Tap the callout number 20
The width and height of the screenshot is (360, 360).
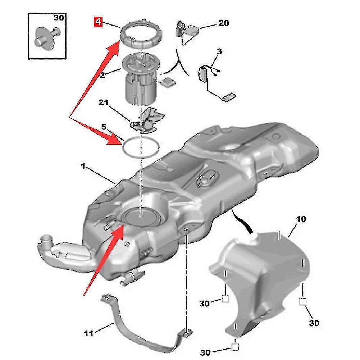[223, 23]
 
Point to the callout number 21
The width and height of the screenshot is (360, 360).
[103, 104]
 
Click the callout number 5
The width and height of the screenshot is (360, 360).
[104, 127]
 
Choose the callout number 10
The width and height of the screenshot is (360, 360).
[301, 219]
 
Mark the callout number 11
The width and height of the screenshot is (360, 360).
[88, 333]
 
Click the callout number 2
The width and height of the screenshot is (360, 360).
[102, 76]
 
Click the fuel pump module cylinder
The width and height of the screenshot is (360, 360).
[141, 88]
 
